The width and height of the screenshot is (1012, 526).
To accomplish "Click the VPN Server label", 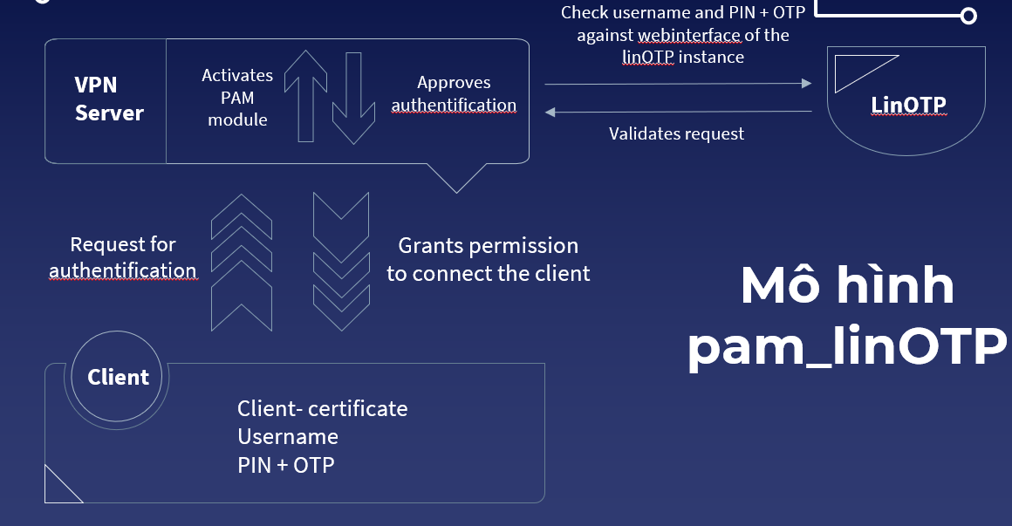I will [x=108, y=99].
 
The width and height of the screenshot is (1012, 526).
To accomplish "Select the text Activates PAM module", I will [x=237, y=98].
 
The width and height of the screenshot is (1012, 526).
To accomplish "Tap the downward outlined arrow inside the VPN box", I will [x=352, y=96].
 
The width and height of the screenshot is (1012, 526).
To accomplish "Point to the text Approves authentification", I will [x=454, y=94].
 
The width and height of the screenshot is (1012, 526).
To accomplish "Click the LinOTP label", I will [x=908, y=106].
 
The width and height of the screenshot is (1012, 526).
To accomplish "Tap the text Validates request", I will [x=676, y=133].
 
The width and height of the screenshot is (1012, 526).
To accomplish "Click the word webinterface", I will [x=689, y=36].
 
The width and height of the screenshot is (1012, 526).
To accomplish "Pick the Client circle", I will [x=118, y=378].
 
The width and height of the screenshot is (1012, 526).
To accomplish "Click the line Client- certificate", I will [x=322, y=408].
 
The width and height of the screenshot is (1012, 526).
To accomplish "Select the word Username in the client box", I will [x=287, y=436].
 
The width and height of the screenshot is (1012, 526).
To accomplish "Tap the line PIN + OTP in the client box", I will [x=285, y=465].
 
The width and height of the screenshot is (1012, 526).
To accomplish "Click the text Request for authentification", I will [x=122, y=257].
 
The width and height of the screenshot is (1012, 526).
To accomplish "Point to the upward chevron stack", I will [x=242, y=262].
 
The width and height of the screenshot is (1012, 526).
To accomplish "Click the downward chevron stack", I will [x=340, y=262].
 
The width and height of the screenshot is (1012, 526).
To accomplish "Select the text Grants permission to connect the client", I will [x=488, y=259].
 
